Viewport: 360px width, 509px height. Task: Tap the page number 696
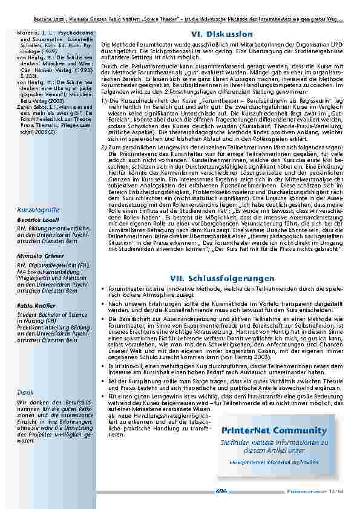point(221,491)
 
